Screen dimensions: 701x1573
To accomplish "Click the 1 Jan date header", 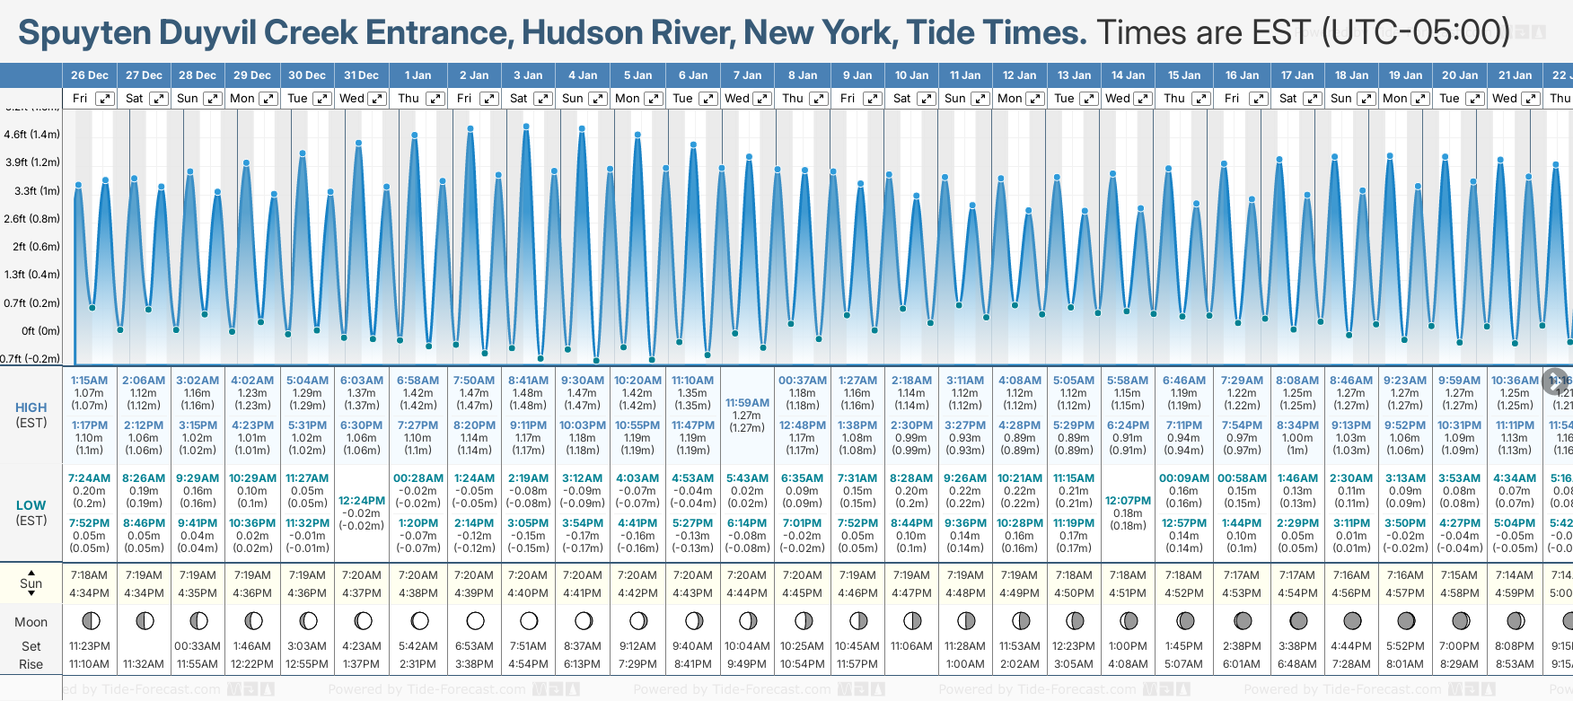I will pos(417,75).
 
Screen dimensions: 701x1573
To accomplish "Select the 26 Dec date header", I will pos(90,75).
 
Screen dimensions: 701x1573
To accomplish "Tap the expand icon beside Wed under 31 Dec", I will pos(377,99).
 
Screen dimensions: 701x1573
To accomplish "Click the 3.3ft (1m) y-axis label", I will pos(32,190).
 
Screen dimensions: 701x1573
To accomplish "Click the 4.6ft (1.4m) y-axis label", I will pos(32,135).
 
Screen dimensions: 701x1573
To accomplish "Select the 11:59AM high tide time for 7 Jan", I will pos(747,403).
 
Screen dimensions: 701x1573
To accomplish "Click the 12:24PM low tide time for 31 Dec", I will pos(362,501).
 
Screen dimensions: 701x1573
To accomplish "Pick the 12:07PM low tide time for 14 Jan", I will pos(1128,501).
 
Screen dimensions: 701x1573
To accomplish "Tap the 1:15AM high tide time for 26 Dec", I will pos(90,381).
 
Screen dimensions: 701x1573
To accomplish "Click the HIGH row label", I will pos(31,407).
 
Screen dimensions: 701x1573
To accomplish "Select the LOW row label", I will pos(31,505).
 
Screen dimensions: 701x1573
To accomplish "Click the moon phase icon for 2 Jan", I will pos(475,620).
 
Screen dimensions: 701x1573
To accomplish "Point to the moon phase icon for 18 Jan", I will pos(1351,620).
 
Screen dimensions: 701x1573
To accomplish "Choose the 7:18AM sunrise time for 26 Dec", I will pos(90,575).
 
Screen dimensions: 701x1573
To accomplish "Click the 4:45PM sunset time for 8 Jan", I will pos(802,593).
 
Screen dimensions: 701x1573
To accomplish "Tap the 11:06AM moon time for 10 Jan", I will pos(911,646).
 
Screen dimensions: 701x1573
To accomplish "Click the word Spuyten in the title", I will pos(84,33).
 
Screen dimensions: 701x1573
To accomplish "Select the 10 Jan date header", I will pos(911,75).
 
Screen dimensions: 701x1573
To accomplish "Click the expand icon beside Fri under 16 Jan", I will pos(1258,99).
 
